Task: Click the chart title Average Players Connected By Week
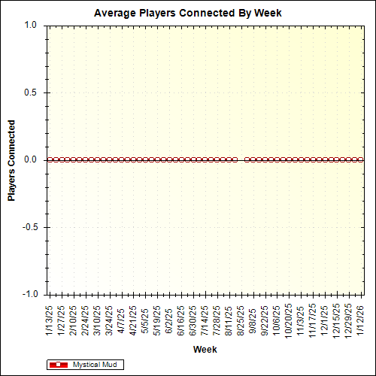click(188, 13)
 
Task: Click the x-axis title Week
click(205, 350)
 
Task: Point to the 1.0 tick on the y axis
click(30, 25)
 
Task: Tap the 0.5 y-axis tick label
click(30, 92)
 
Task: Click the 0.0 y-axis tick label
click(30, 159)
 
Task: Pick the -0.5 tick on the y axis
click(29, 227)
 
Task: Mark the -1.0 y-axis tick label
click(29, 294)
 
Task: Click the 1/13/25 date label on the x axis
click(50, 320)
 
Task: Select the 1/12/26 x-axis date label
click(362, 320)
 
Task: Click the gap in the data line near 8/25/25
click(241, 159)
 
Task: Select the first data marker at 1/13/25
click(50, 159)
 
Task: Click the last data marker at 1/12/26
click(362, 159)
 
